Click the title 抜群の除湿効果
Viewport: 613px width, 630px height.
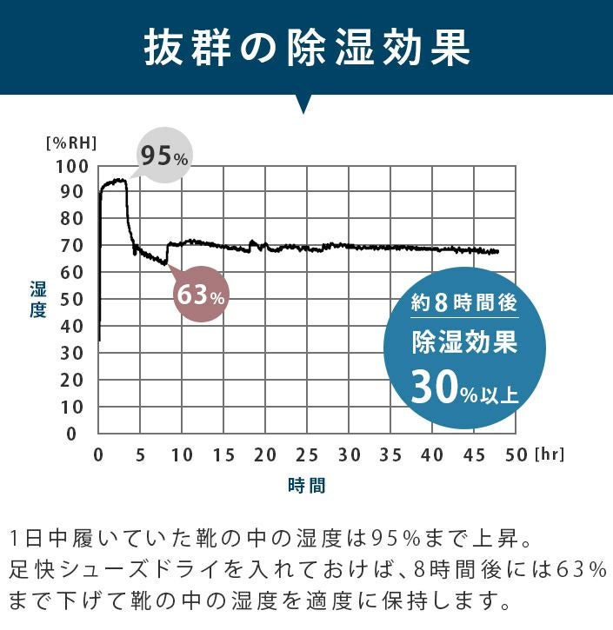coord(306,50)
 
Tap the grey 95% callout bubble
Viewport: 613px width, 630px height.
coord(164,156)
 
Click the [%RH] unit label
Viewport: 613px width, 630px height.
coord(71,142)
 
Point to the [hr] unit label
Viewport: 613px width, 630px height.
coord(550,454)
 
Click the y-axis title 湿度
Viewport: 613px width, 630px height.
coord(37,299)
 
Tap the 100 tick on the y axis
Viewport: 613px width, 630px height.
coord(71,166)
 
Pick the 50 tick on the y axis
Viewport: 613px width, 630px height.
coord(76,300)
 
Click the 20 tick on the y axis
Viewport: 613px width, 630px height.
coord(76,380)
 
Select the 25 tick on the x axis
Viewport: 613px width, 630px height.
coord(307,454)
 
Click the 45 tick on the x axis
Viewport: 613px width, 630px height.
coord(474,454)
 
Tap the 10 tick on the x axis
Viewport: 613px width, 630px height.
coord(182,454)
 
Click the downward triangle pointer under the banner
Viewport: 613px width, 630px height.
coord(303,105)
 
